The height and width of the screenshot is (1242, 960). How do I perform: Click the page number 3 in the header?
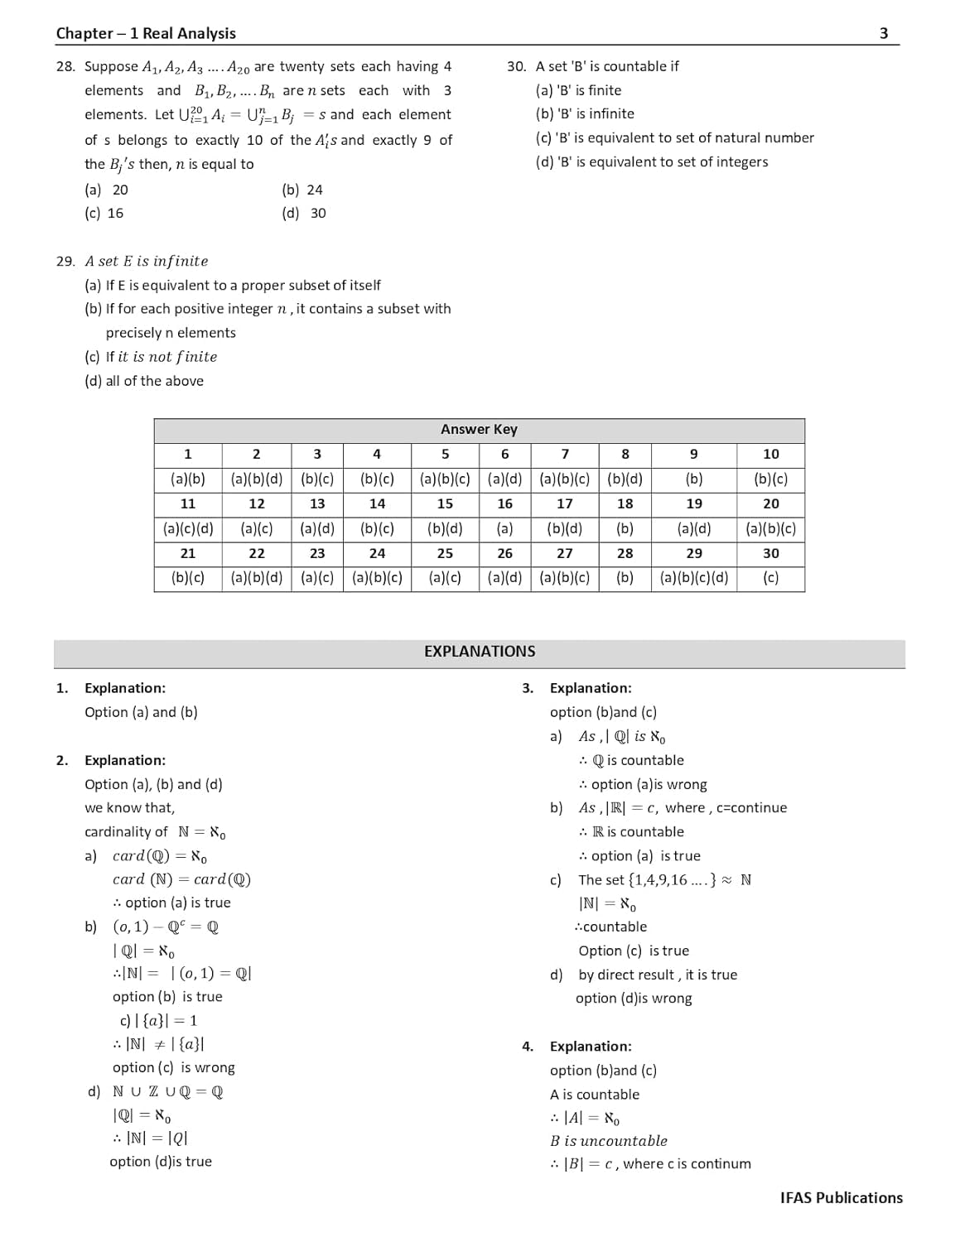(x=883, y=33)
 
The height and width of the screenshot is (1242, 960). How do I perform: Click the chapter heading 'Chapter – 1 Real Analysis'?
(x=146, y=33)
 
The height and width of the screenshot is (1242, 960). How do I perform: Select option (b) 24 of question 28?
(x=302, y=190)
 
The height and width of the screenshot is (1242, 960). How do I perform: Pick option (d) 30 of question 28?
(x=304, y=213)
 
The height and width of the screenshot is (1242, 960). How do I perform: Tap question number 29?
(x=65, y=261)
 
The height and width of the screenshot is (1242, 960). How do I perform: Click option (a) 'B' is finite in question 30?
(x=578, y=90)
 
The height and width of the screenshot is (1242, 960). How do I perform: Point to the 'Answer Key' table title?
(x=479, y=429)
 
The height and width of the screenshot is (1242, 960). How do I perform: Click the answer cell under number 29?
(x=693, y=578)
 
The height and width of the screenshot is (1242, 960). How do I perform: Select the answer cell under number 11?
(x=188, y=528)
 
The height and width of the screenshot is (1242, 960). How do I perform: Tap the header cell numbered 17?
(x=564, y=503)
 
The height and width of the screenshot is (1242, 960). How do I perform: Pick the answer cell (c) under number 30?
(x=770, y=578)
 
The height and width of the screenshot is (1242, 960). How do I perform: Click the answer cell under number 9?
(x=693, y=479)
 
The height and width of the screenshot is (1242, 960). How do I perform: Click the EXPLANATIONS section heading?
(x=480, y=652)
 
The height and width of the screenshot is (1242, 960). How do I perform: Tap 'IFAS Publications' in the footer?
(x=841, y=1197)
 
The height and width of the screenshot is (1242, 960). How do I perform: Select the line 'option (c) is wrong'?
(x=174, y=1067)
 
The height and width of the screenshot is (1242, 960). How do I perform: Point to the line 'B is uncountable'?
(x=609, y=1140)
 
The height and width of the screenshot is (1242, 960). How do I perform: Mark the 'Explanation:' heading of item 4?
(x=591, y=1046)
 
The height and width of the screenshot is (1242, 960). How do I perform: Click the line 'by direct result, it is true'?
(x=658, y=975)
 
